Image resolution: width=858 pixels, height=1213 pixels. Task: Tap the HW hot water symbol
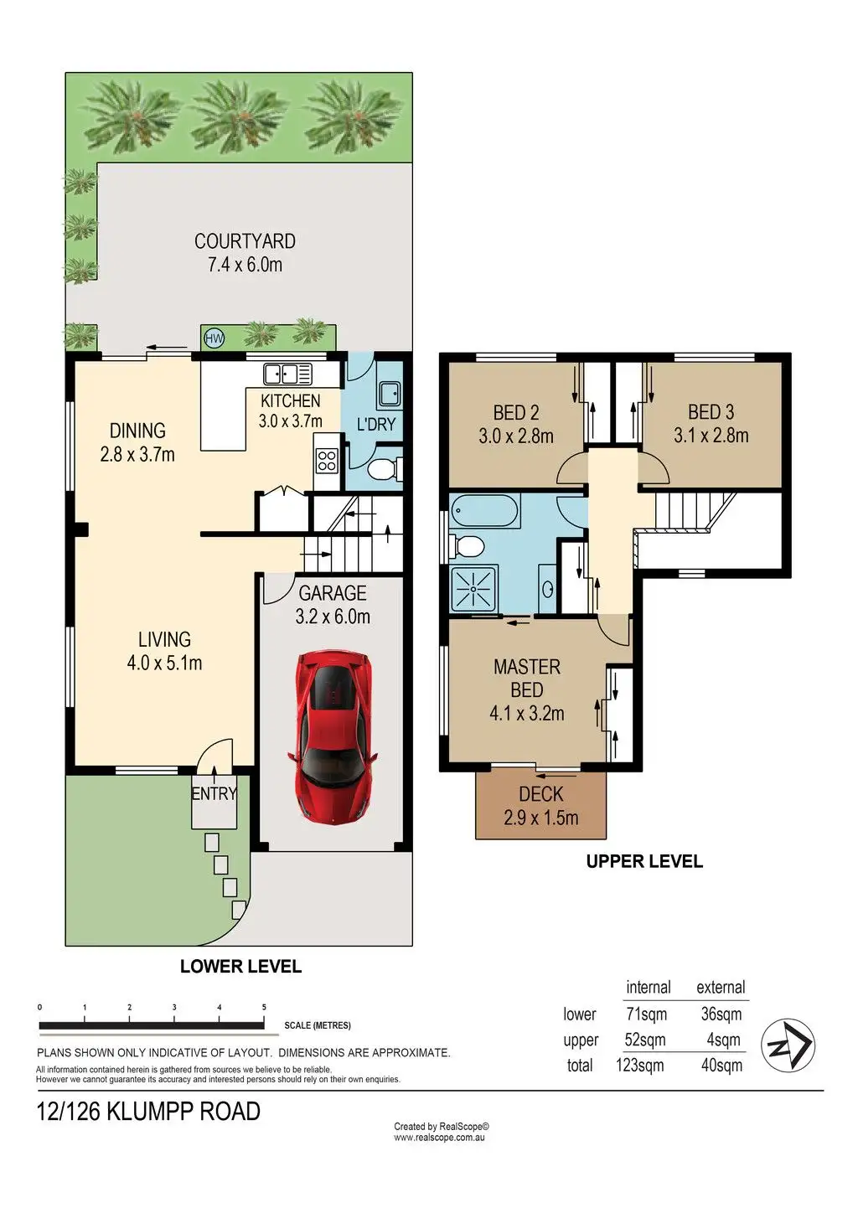pos(214,339)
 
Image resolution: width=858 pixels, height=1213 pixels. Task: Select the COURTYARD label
pos(245,241)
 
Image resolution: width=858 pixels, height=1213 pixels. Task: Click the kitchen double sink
pos(287,374)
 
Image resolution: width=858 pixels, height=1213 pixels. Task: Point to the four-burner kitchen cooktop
pos(327,461)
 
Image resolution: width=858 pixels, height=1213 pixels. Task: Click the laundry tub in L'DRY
pos(390,393)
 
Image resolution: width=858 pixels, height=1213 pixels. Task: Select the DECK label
pos(540,794)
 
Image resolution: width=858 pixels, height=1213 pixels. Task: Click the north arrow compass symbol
pos(788,1045)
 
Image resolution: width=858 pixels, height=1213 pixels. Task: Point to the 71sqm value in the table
pos(646,1014)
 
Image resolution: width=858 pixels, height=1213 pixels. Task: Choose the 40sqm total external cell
pos(721,1066)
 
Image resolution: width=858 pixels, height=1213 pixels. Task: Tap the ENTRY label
pos(214,794)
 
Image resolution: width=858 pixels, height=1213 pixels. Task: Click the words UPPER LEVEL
pos(644,861)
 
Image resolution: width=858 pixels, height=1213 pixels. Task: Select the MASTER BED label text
pos(526,679)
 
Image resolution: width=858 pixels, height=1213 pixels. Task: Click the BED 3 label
pos(711,412)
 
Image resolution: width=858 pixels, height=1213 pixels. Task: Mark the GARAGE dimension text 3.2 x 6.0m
pos(333,617)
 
